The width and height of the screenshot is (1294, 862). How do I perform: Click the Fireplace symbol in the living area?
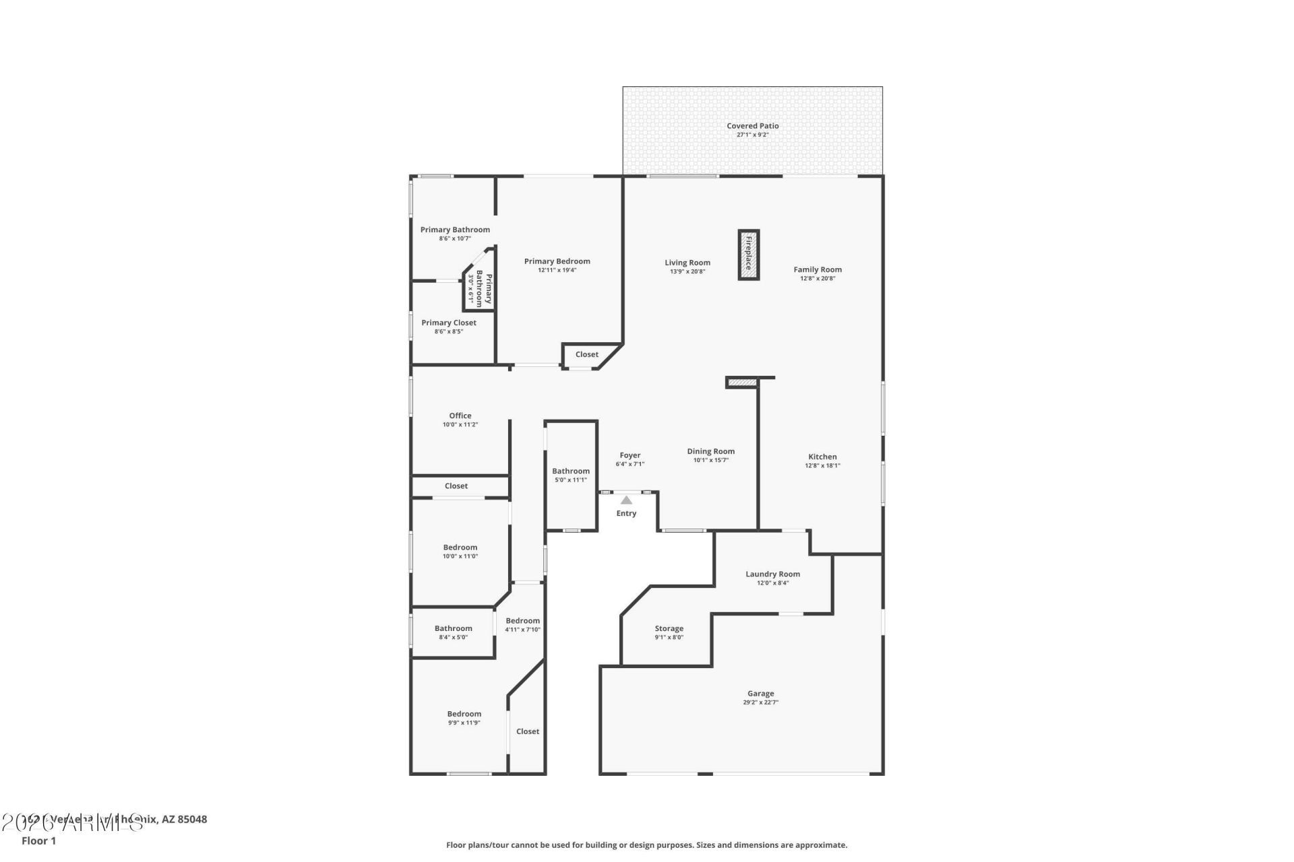[748, 255]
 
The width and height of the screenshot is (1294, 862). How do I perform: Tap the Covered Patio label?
[752, 126]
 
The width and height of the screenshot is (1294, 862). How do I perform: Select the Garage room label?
[760, 694]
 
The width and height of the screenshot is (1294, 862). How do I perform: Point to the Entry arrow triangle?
[626, 500]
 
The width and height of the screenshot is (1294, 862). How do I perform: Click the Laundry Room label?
[772, 574]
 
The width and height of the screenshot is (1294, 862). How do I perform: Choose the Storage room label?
[669, 629]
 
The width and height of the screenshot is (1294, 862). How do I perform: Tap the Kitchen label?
[822, 457]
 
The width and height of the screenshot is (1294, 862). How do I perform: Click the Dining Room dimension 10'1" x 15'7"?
[711, 461]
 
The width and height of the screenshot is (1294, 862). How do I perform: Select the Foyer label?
[630, 455]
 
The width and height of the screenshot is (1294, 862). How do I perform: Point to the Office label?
[460, 416]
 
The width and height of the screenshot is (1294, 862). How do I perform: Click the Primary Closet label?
[449, 323]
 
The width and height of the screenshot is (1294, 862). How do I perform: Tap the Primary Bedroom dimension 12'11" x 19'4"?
[557, 270]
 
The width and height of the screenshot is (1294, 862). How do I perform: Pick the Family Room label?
[818, 269]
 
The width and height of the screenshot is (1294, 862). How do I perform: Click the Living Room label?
[687, 263]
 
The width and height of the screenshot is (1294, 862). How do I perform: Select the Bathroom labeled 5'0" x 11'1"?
[571, 471]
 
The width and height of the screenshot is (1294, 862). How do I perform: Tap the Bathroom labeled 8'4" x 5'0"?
[453, 628]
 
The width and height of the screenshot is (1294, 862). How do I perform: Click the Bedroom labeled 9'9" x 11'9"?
[464, 714]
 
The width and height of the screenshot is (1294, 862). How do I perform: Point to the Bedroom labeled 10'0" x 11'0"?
[460, 548]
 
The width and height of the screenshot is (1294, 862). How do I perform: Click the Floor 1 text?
[38, 840]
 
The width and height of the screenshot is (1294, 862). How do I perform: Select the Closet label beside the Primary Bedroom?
[586, 354]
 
